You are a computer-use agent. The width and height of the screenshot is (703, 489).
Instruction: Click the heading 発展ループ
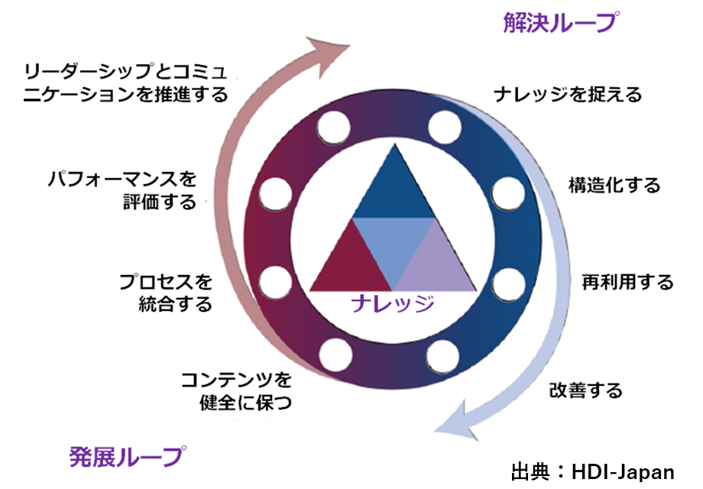(x=128, y=456)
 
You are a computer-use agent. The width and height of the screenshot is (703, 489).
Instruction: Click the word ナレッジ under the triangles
(x=392, y=303)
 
